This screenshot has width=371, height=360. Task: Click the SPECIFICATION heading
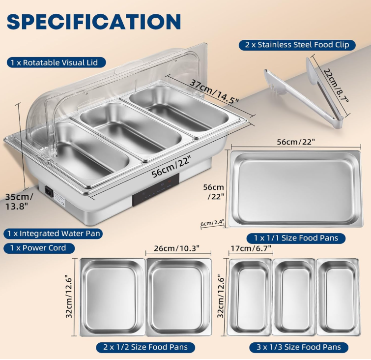(x=94, y=22)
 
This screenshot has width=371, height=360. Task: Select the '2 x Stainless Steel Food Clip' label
(x=297, y=45)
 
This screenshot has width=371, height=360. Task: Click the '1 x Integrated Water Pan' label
(x=53, y=234)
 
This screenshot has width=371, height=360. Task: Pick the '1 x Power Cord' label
(x=39, y=248)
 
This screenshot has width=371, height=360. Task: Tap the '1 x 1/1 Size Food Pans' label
(x=296, y=238)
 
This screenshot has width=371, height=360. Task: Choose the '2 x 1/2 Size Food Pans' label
(x=145, y=347)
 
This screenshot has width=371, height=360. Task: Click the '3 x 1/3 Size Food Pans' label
(x=299, y=347)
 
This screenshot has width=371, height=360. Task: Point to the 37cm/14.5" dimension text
(x=214, y=91)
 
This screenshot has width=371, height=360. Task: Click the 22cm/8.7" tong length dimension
(x=336, y=86)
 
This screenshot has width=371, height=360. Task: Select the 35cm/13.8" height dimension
(x=19, y=202)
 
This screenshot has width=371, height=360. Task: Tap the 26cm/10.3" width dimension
(x=176, y=248)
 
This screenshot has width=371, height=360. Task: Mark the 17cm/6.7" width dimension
(x=251, y=248)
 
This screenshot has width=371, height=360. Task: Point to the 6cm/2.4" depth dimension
(x=212, y=223)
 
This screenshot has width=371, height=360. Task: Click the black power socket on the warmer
(x=49, y=191)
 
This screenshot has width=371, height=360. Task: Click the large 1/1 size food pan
(x=295, y=189)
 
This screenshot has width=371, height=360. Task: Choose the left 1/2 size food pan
(x=113, y=297)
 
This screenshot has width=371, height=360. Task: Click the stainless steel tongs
(x=304, y=93)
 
